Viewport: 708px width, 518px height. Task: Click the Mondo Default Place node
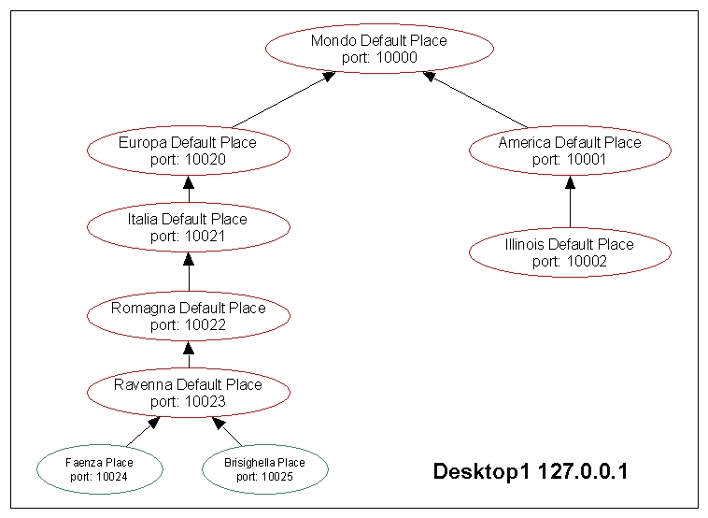(379, 49)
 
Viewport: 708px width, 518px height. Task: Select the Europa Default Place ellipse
(188, 151)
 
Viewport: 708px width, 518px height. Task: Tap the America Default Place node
(570, 151)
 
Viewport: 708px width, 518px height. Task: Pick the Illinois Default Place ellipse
(570, 252)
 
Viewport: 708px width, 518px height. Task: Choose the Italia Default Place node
(188, 227)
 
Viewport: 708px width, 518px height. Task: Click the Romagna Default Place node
(188, 316)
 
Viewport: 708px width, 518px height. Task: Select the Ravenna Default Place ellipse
(188, 393)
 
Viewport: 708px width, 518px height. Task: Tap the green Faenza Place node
(100, 468)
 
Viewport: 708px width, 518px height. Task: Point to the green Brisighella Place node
(265, 468)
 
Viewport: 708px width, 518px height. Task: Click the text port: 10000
(379, 58)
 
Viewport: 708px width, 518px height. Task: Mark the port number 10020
(205, 160)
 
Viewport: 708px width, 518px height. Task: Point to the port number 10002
(587, 262)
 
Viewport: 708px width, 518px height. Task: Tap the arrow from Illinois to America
(570, 201)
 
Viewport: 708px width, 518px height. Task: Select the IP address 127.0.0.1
(583, 472)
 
